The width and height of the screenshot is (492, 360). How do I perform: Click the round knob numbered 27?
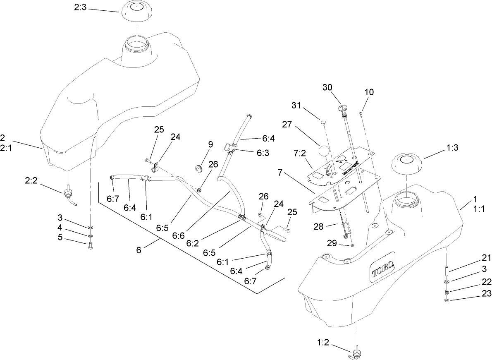(x=325, y=151)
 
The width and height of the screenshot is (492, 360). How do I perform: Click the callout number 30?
(x=327, y=87)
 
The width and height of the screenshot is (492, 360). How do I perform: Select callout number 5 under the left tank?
(x=60, y=237)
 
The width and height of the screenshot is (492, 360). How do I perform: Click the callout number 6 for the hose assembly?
(x=139, y=250)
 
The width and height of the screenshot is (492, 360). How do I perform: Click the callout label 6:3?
(x=263, y=152)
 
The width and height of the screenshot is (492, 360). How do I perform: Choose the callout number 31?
(x=307, y=106)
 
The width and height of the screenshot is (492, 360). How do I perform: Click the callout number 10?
(x=369, y=92)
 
